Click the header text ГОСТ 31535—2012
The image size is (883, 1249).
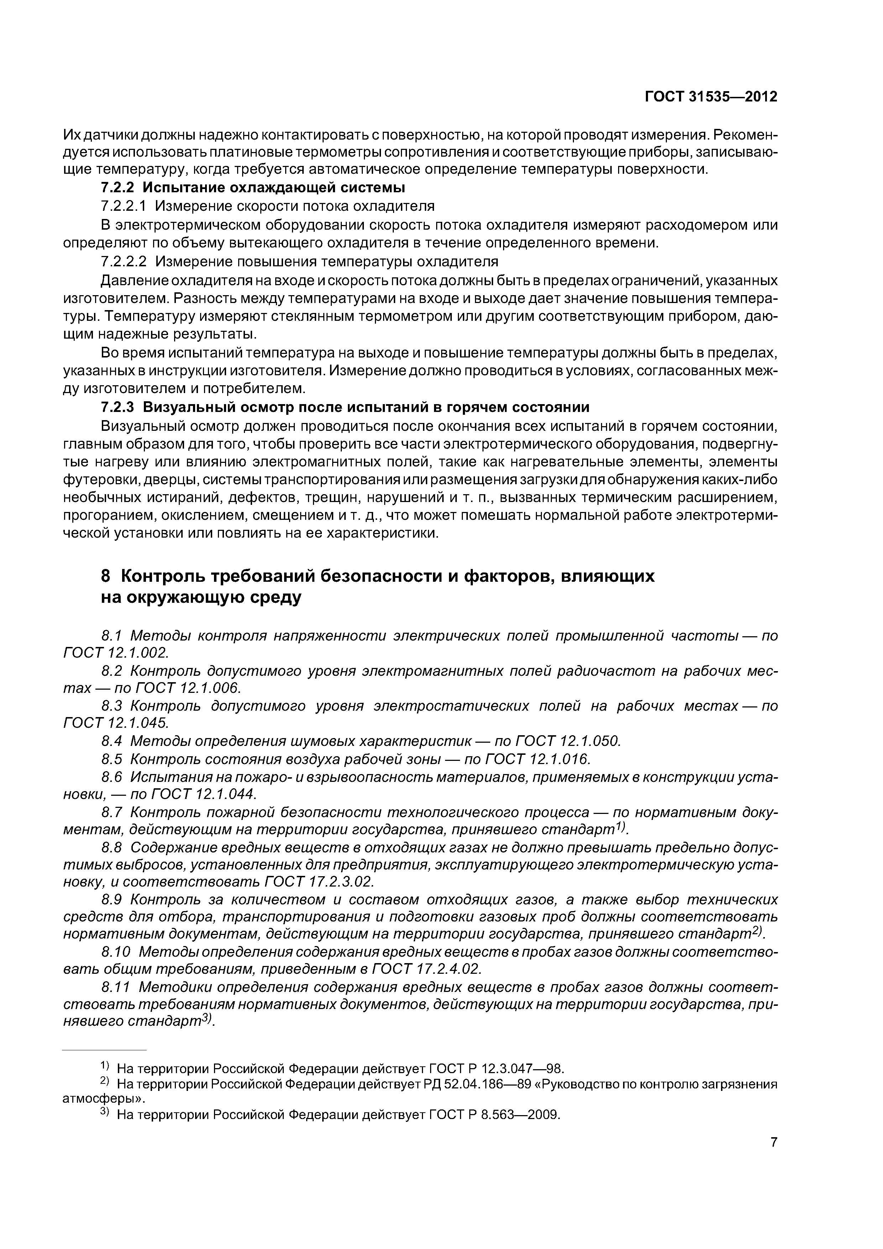711,97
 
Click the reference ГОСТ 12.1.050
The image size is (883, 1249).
568,741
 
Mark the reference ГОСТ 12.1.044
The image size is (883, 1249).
202,795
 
